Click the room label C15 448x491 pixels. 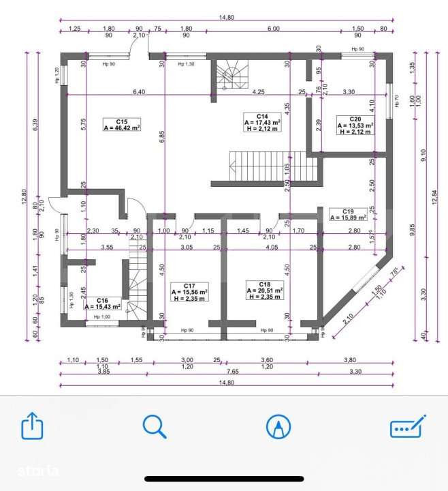[121, 119]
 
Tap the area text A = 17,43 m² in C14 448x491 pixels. [262, 123]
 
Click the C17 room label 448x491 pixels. [190, 285]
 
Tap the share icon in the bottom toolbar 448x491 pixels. [32, 428]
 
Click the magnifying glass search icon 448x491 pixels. [155, 427]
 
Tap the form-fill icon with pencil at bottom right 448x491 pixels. [407, 426]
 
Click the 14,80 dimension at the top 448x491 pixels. [225, 18]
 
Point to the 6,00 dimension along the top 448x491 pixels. [272, 28]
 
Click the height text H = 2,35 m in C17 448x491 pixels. [190, 299]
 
